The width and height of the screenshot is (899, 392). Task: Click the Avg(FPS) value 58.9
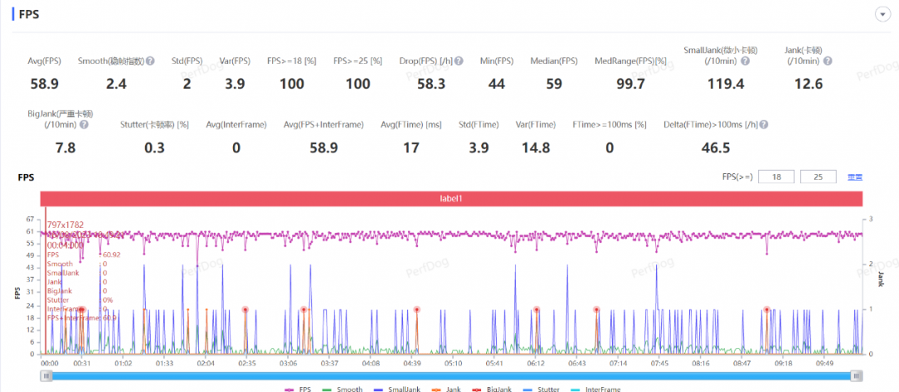click(43, 84)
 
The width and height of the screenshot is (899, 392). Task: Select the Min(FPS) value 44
click(496, 84)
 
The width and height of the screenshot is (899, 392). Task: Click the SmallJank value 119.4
click(717, 84)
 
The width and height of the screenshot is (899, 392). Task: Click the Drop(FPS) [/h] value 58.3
click(430, 84)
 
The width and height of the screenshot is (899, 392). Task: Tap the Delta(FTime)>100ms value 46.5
click(715, 148)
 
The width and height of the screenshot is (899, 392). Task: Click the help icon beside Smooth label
click(150, 61)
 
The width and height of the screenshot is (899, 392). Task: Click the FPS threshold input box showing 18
click(777, 176)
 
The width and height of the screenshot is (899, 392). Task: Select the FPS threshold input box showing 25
click(817, 176)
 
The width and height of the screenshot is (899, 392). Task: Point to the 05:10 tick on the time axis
click(453, 363)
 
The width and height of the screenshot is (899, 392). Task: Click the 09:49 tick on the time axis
click(824, 363)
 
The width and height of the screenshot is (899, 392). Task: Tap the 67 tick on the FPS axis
click(31, 219)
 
